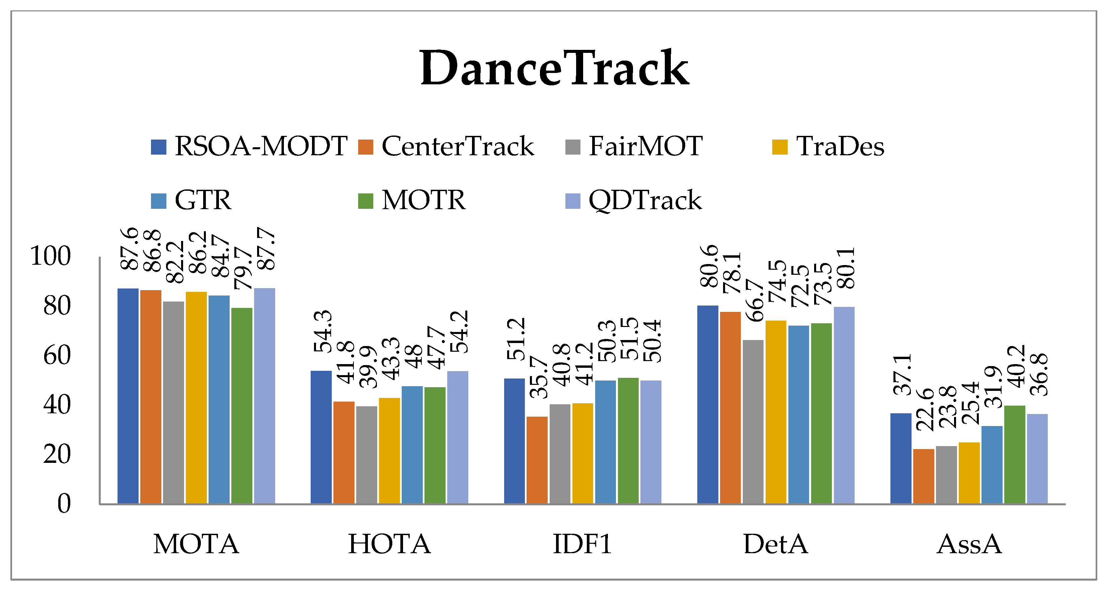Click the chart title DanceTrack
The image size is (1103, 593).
554,69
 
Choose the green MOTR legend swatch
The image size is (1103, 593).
365,201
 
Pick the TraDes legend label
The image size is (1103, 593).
840,147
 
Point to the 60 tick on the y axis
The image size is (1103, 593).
57,355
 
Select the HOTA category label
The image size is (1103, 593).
389,544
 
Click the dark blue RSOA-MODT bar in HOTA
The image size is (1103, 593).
321,437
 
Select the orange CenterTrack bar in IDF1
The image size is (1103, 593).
537,460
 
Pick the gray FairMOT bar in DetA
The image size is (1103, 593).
753,422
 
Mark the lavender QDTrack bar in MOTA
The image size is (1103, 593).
264,396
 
